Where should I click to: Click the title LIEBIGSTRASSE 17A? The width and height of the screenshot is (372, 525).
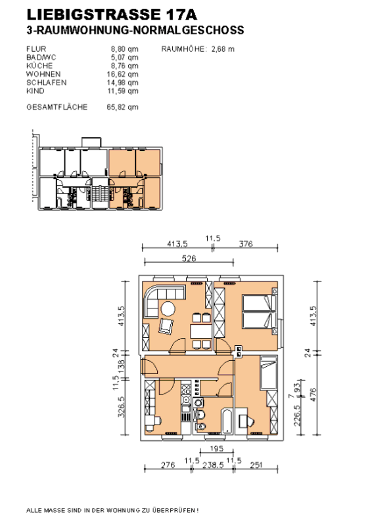pyautogui.click(x=111, y=14)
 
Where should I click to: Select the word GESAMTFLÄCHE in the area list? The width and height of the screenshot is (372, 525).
pyautogui.click(x=57, y=107)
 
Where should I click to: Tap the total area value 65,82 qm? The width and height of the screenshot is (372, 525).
pyautogui.click(x=122, y=108)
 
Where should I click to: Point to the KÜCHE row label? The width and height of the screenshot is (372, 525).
pyautogui.click(x=39, y=66)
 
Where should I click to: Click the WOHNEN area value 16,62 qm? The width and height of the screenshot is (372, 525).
pyautogui.click(x=122, y=74)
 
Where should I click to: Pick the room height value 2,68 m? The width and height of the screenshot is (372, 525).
pyautogui.click(x=223, y=49)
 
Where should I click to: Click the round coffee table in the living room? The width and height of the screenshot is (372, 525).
pyautogui.click(x=168, y=308)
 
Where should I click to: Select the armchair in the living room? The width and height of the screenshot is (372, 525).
pyautogui.click(x=166, y=326)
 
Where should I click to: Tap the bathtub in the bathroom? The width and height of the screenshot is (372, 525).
pyautogui.click(x=227, y=420)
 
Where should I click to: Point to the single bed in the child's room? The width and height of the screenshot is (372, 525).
pyautogui.click(x=269, y=373)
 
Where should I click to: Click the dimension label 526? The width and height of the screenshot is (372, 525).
pyautogui.click(x=189, y=259)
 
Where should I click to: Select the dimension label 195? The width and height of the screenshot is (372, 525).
pyautogui.click(x=217, y=448)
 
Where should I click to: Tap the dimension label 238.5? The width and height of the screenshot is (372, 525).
pyautogui.click(x=213, y=465)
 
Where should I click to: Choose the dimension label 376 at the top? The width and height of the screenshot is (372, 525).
pyautogui.click(x=246, y=244)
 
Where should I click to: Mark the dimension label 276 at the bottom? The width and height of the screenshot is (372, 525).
pyautogui.click(x=168, y=465)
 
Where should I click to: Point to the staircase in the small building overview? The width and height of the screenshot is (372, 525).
pyautogui.click(x=101, y=193)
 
